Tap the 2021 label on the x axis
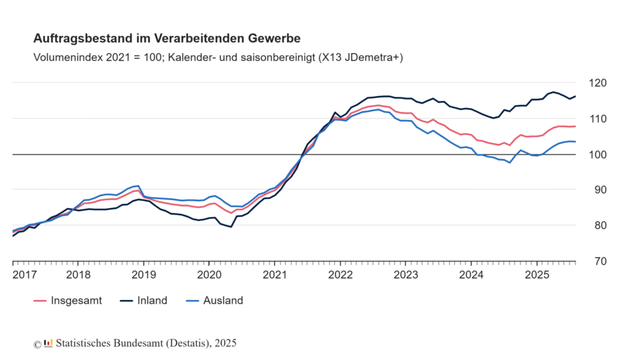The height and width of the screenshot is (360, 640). [x=274, y=274]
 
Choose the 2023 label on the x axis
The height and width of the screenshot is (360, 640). [x=406, y=274]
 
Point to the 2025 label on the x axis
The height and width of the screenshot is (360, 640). [x=537, y=274]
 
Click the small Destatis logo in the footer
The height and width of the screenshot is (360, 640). [x=48, y=343]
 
